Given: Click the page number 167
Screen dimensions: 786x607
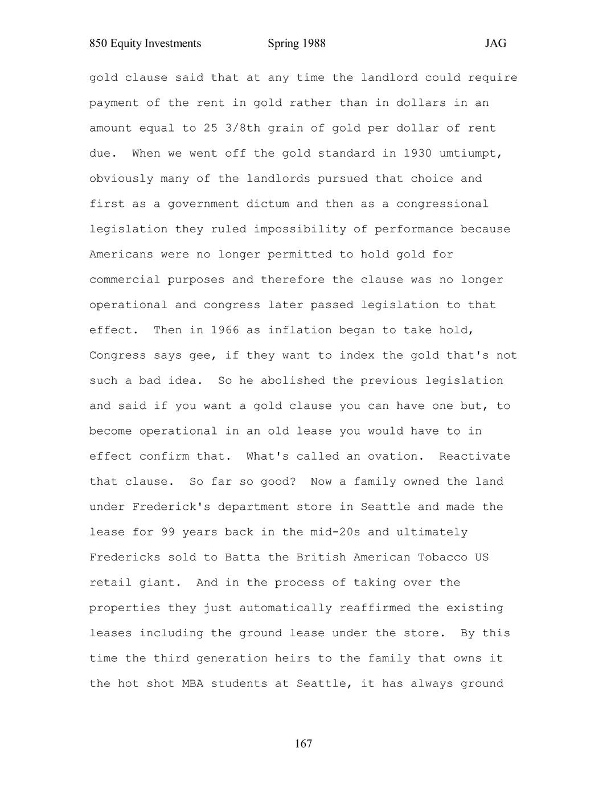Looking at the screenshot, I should click(x=303, y=744).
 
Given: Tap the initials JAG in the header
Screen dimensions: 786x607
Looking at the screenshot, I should click(x=495, y=44).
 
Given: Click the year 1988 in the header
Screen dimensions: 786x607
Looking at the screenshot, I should click(x=313, y=44).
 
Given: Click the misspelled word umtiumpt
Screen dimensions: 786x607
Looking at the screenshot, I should click(x=471, y=153).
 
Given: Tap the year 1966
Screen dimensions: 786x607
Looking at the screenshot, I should click(x=224, y=330).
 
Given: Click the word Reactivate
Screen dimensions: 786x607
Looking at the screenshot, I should click(x=474, y=456).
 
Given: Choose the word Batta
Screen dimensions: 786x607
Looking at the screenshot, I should click(x=243, y=557).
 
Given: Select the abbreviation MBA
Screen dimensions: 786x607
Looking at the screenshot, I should click(x=192, y=683).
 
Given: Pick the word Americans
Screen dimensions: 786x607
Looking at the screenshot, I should click(x=121, y=254).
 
